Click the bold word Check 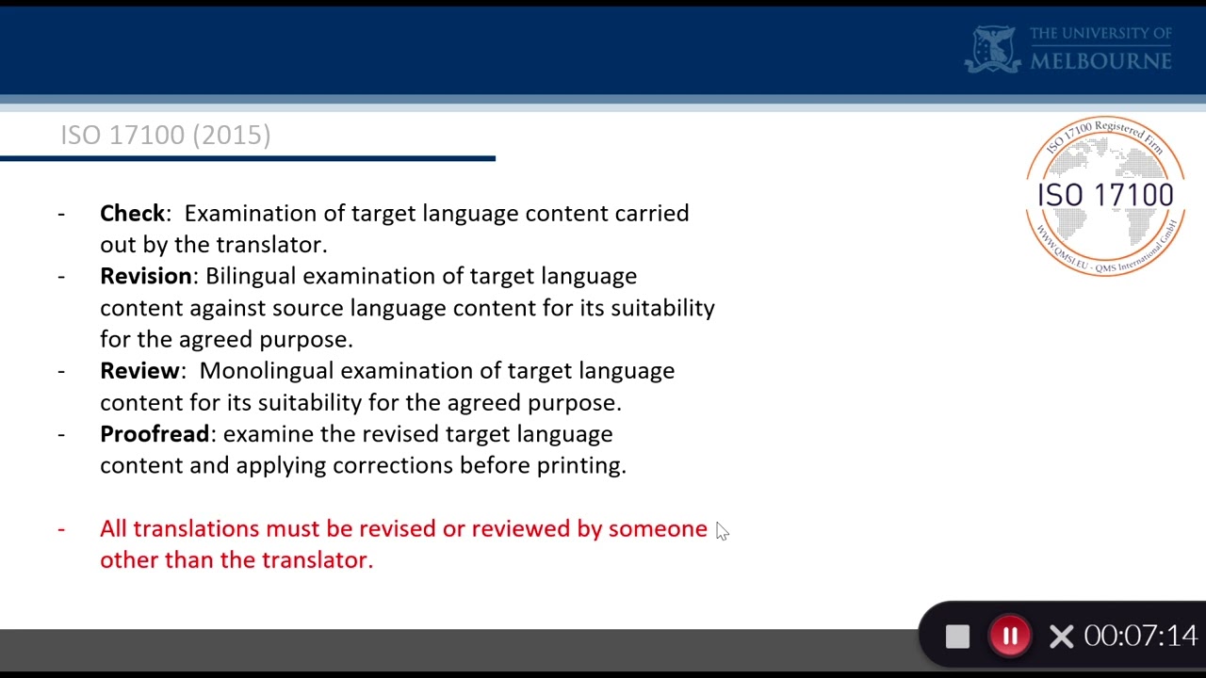pyautogui.click(x=132, y=214)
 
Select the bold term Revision pyautogui.click(x=146, y=276)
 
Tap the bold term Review pyautogui.click(x=139, y=371)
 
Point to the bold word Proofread pyautogui.click(x=155, y=434)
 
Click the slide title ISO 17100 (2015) pyautogui.click(x=166, y=136)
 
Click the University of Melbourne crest pyautogui.click(x=993, y=49)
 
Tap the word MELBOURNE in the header pyautogui.click(x=1100, y=61)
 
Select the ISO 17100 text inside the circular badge pyautogui.click(x=1105, y=195)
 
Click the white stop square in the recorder pyautogui.click(x=957, y=637)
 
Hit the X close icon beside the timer pyautogui.click(x=1061, y=637)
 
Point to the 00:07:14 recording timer pyautogui.click(x=1140, y=637)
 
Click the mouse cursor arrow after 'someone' pyautogui.click(x=721, y=531)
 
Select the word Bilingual pyautogui.click(x=250, y=276)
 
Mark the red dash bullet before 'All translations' pyautogui.click(x=61, y=529)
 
